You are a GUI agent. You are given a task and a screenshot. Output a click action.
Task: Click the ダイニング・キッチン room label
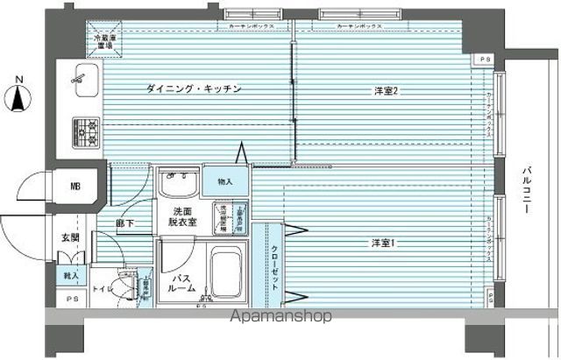tap(193, 88)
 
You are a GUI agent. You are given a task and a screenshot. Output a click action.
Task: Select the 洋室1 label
tap(380, 243)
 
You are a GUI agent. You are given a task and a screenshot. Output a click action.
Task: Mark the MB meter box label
tap(75, 186)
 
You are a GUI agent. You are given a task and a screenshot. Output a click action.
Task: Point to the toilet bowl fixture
tap(123, 287)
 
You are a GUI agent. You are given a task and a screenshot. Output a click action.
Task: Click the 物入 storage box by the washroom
tap(224, 181)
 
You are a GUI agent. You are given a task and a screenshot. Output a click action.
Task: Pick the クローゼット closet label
tap(273, 263)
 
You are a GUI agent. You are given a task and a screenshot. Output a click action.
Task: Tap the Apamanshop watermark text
tap(280, 316)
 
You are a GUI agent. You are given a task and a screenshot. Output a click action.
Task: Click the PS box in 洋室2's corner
tap(486, 60)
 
